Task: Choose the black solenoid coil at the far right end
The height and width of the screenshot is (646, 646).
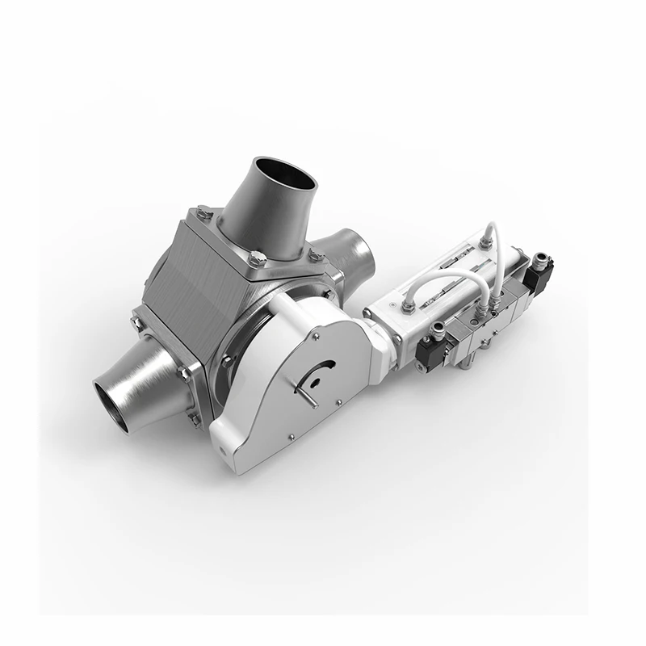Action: click(x=539, y=275)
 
